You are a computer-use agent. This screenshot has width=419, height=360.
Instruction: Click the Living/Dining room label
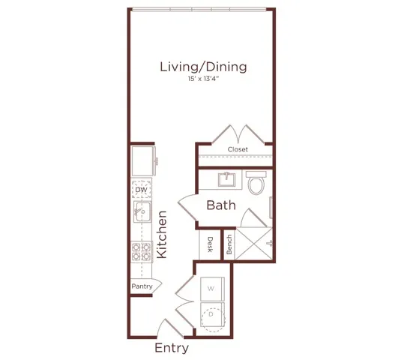click(x=203, y=67)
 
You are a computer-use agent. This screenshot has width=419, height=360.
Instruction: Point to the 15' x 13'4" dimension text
click(x=203, y=79)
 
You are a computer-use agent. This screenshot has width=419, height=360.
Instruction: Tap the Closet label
click(x=238, y=149)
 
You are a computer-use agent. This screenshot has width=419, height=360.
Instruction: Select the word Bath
click(x=221, y=205)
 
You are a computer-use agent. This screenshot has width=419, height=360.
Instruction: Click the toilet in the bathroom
click(x=256, y=183)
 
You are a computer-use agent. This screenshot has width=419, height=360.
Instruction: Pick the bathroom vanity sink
click(x=226, y=179)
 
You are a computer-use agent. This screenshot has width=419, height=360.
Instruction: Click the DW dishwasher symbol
click(x=142, y=190)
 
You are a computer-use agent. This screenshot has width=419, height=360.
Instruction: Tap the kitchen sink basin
click(x=142, y=211)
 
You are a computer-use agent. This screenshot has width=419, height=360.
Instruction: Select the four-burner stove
click(x=141, y=252)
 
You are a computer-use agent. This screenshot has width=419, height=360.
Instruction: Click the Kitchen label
click(x=162, y=235)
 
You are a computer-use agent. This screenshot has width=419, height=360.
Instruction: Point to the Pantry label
click(x=142, y=286)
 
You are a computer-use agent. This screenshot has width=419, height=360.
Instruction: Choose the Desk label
click(x=211, y=244)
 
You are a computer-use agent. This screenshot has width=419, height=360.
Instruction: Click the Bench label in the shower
click(x=229, y=244)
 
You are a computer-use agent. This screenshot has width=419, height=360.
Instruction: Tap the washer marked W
click(x=212, y=289)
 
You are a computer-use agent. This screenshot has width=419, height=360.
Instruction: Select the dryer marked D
click(x=212, y=317)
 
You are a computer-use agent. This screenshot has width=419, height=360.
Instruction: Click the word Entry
click(x=172, y=348)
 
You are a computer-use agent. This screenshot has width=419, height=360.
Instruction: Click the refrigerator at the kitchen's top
click(x=143, y=161)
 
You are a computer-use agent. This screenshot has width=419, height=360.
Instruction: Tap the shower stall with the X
click(x=253, y=244)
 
